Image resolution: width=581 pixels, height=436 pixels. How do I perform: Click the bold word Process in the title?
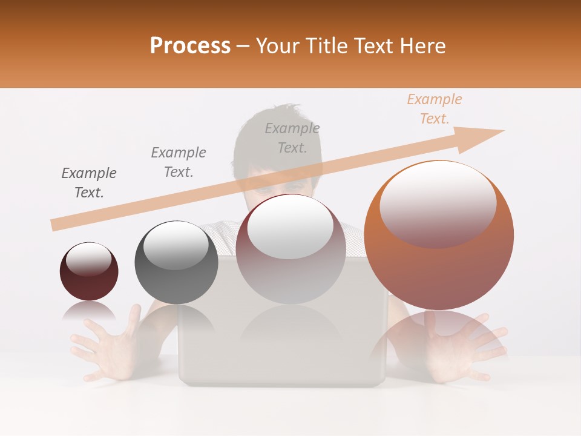(x=190, y=46)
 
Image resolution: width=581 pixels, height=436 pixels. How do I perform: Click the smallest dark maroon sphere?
(x=89, y=271)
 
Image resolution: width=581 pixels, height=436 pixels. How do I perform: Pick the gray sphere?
(x=176, y=262)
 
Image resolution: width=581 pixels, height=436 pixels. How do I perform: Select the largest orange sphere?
(x=439, y=235)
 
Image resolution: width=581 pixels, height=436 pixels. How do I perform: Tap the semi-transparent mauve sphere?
(x=290, y=249)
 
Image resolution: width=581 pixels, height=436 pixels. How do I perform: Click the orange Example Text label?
(x=434, y=109)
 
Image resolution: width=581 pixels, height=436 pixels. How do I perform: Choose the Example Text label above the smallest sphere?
(x=89, y=183)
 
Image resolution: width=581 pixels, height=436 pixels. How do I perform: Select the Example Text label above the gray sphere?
(x=179, y=162)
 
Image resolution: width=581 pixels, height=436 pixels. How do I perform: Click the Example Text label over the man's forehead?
(x=292, y=137)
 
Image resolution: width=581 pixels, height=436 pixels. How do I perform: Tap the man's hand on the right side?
(x=463, y=348)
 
